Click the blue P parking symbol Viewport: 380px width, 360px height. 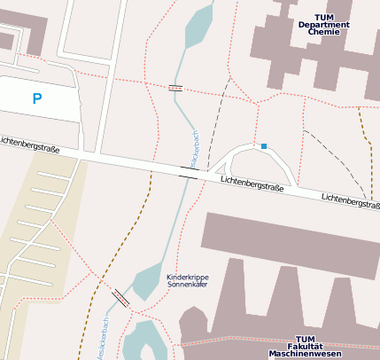pos(36,98)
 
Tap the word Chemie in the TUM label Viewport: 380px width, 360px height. pos(323,32)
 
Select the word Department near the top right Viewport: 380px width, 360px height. pos(323,24)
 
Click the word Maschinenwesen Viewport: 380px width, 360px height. pos(306,354)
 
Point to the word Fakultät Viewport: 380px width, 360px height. pos(306,347)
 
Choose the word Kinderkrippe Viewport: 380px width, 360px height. pos(188,278)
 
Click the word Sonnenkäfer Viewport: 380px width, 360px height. pos(188,286)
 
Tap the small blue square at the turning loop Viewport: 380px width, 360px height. pos(263,145)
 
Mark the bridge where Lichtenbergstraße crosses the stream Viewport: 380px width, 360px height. pos(188,171)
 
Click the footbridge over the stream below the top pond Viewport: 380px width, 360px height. pos(175,88)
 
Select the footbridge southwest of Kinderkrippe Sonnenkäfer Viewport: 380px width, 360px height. pos(121,298)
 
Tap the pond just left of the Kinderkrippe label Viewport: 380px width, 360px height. pos(146,283)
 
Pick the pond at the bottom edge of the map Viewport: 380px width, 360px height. pos(143,341)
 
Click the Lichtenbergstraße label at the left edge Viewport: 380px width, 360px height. pos(29,145)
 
